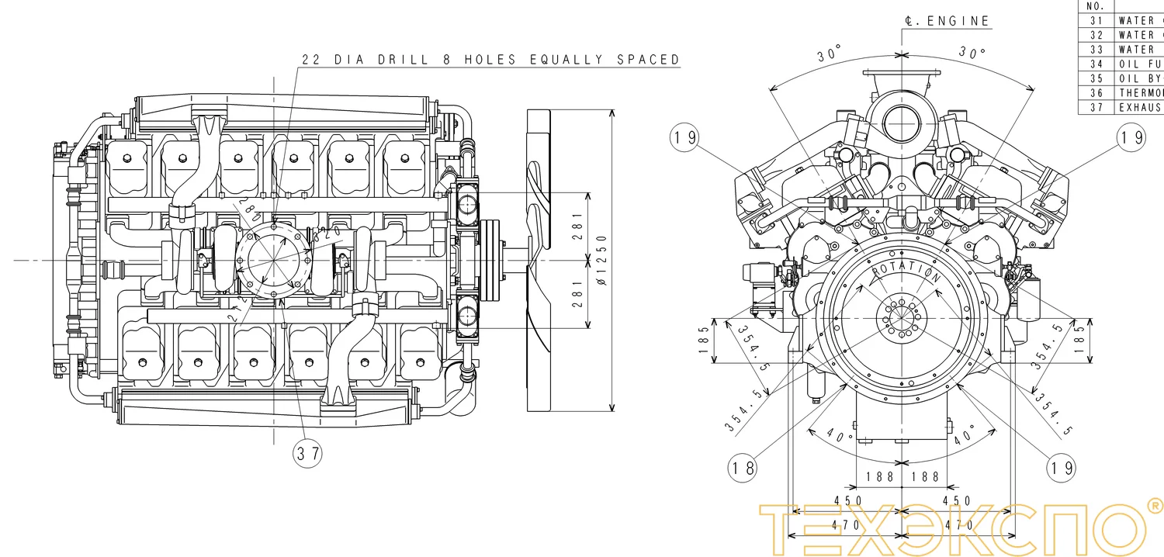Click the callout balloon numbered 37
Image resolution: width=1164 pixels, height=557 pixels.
(308, 454)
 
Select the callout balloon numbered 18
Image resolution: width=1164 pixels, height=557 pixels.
(743, 467)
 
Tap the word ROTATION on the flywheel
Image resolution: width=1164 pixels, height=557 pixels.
(906, 272)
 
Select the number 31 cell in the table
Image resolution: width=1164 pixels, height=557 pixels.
(1096, 20)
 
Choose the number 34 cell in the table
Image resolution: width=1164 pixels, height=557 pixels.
(1096, 64)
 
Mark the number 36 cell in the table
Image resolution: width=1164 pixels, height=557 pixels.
(1096, 92)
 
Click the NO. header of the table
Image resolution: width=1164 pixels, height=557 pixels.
(1096, 5)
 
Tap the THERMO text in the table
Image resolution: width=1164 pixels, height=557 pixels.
(1141, 92)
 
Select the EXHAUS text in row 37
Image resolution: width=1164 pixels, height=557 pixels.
(1141, 107)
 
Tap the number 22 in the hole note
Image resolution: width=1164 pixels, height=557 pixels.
(312, 60)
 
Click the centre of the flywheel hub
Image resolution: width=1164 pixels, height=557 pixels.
(902, 317)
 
